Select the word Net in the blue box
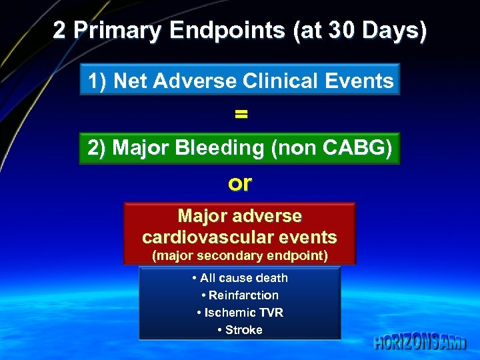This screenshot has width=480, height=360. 129,81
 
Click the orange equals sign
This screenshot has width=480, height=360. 241,114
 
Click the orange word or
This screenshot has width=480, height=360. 240,183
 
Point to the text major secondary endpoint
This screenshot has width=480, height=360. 240,256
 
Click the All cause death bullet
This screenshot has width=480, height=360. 240,278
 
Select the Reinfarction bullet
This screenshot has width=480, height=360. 240,295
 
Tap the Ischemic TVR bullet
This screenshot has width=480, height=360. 240,313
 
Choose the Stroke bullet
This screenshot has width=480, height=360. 240,330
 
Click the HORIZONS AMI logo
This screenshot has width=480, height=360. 419,342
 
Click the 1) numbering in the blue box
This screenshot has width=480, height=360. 97,81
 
